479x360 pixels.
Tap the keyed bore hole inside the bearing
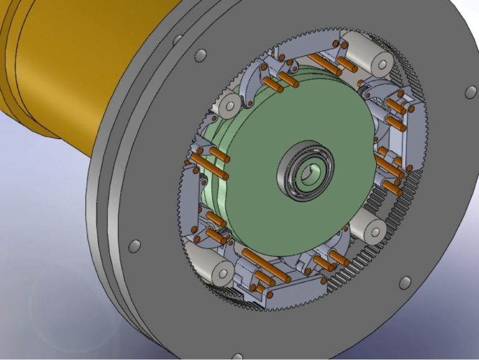pos(307,175)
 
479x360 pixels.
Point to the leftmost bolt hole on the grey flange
pos(134,246)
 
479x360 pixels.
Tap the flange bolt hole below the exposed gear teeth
pos(405,282)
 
